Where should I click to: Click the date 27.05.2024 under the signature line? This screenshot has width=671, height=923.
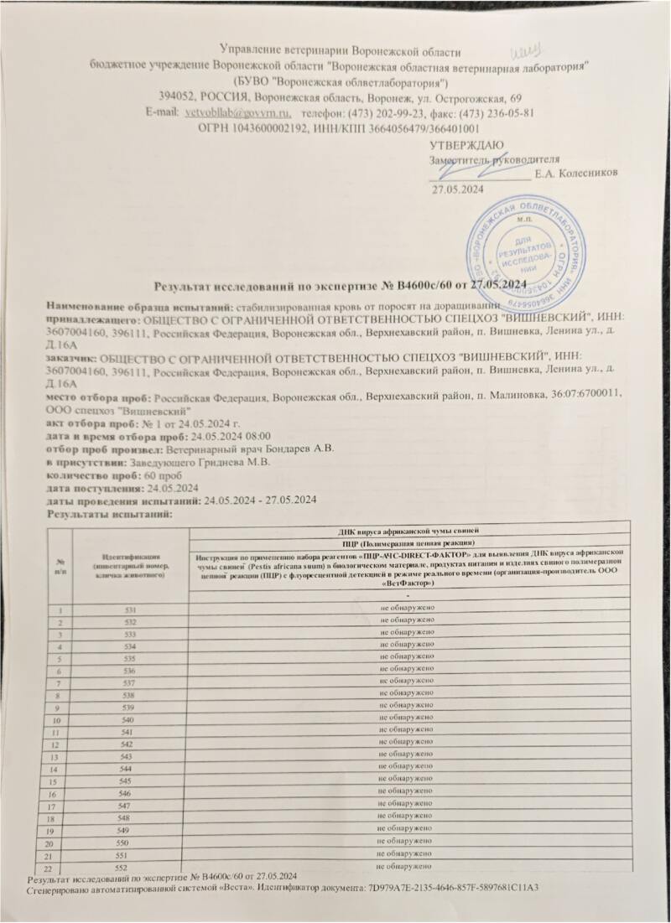pyautogui.click(x=458, y=190)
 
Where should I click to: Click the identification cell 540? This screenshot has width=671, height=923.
pyautogui.click(x=130, y=719)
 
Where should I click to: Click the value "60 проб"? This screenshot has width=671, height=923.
pyautogui.click(x=148, y=474)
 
